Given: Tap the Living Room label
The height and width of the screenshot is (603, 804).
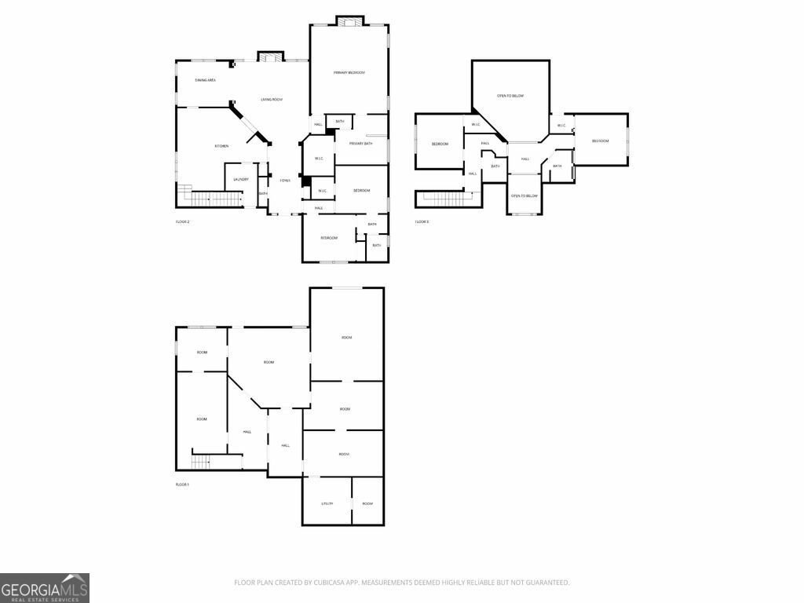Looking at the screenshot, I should (272, 100).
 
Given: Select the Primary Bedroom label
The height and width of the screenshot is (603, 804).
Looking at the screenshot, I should (349, 72).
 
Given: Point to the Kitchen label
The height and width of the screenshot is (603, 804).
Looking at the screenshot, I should (222, 146).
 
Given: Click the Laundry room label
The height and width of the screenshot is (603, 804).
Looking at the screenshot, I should (241, 179).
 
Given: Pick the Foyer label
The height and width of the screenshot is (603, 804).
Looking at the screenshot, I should (285, 181).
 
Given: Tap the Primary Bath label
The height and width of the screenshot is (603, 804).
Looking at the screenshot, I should (361, 144).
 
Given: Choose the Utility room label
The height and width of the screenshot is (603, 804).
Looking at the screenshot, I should (327, 503).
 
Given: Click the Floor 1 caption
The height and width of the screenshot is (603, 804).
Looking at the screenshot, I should (182, 484).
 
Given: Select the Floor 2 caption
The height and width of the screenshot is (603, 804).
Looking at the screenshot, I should (182, 222).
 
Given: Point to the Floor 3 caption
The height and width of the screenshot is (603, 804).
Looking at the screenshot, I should (422, 222).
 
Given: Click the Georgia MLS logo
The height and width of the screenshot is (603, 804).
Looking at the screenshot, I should (45, 587).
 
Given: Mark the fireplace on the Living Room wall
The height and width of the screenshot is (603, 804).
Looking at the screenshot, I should (270, 56).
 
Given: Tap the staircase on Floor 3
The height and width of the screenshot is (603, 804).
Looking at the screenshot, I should (444, 198).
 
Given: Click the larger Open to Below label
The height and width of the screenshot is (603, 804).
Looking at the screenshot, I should (510, 96).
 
